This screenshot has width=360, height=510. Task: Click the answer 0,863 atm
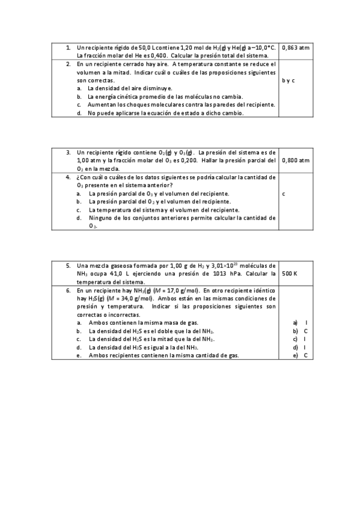pos(295,47)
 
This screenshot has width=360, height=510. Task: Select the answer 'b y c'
pos(288,80)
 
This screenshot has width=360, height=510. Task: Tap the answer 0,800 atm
pos(296,160)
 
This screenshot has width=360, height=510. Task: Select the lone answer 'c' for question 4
pos(283,194)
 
